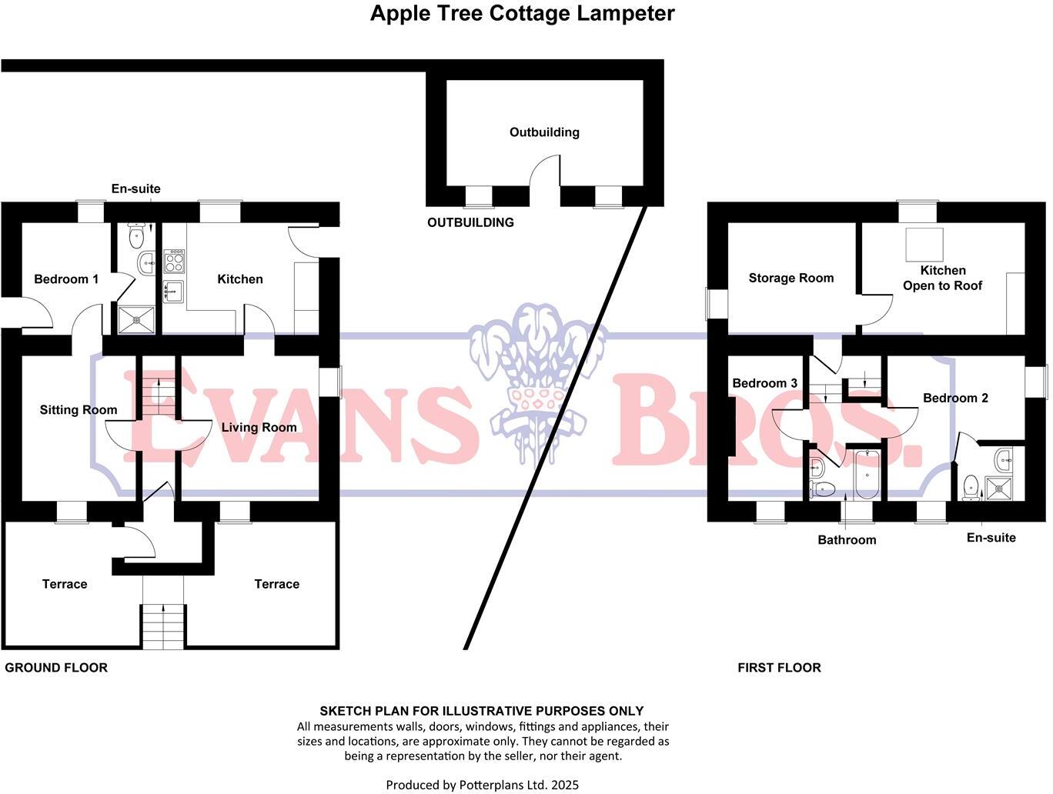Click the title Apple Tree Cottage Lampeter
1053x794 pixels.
tap(522, 14)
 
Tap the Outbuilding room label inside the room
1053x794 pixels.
tap(543, 132)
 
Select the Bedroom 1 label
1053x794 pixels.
tap(66, 279)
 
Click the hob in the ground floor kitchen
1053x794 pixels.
tap(174, 261)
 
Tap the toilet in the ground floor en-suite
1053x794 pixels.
tap(137, 235)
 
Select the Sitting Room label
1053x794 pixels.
tap(79, 410)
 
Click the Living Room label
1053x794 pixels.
tap(259, 428)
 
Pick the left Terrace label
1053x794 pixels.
tap(65, 584)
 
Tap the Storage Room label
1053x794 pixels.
tap(791, 279)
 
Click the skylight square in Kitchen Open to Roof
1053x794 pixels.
tap(922, 245)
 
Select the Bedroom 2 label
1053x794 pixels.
tap(955, 399)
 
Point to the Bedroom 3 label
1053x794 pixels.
tap(764, 383)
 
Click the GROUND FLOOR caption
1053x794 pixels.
tap(56, 668)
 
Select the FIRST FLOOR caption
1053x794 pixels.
tap(779, 668)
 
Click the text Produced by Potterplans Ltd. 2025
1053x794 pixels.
tap(482, 785)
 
